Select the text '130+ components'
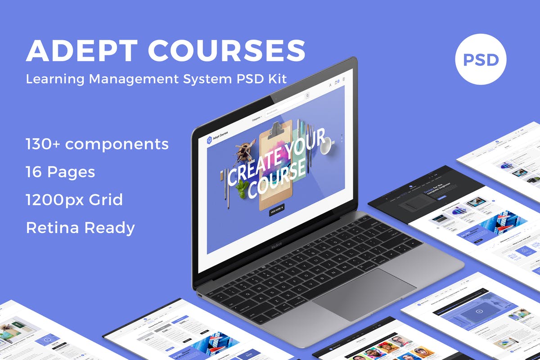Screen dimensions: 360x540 [97, 144]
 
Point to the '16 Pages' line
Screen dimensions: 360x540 [60, 172]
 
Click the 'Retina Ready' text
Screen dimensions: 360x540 [80, 228]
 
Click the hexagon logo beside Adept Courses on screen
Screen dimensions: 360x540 [209, 140]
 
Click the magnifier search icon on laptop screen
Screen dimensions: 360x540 [307, 95]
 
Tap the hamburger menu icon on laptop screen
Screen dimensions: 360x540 [344, 79]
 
